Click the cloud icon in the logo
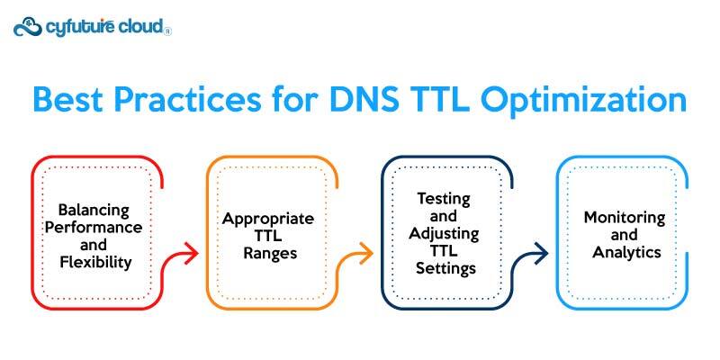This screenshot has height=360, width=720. (x=28, y=26)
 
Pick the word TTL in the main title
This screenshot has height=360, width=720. (x=445, y=100)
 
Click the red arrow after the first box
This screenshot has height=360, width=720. (x=184, y=255)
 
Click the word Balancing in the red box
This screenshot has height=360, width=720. (x=96, y=210)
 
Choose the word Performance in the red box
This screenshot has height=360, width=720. (x=96, y=227)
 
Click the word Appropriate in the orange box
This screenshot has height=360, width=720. (x=268, y=219)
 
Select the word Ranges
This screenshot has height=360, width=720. (x=268, y=253)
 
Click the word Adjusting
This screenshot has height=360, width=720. (x=444, y=234)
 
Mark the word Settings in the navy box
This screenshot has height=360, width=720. (x=444, y=268)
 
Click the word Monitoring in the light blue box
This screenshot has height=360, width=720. (x=624, y=218)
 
